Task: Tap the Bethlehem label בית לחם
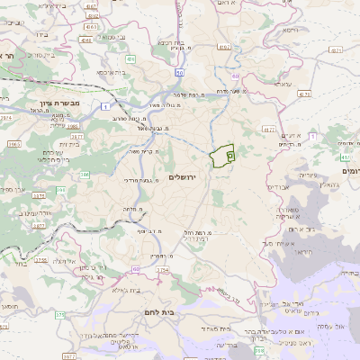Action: pyautogui.click(x=172, y=308)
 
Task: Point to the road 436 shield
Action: pyautogui.click(x=130, y=59)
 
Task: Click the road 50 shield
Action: pyautogui.click(x=179, y=72)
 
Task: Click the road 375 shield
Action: pyautogui.click(x=59, y=315)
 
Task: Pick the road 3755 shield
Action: pyautogui.click(x=41, y=260)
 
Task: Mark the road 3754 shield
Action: pyautogui.click(x=163, y=269)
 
